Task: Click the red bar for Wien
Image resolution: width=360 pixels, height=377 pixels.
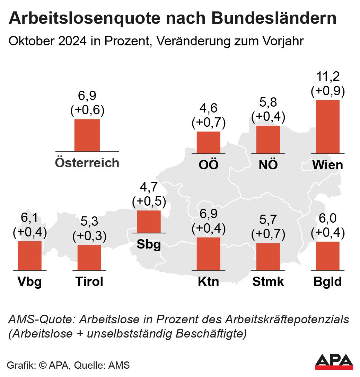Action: (x=327, y=126)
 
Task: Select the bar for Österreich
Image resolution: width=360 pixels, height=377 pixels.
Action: (x=87, y=135)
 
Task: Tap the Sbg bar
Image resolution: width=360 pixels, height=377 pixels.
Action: (x=149, y=222)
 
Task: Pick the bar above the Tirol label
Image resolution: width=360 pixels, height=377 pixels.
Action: (x=89, y=258)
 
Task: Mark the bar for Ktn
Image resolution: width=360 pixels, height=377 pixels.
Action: (x=208, y=254)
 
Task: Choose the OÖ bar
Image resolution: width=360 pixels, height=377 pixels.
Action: (x=208, y=142)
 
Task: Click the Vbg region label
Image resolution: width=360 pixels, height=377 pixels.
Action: (x=30, y=282)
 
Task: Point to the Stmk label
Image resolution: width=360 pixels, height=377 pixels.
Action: (x=268, y=282)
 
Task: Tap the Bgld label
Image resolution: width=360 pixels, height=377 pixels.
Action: (x=327, y=282)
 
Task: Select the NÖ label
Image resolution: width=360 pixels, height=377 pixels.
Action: (x=268, y=165)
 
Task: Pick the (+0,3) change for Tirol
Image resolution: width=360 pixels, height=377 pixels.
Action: (x=89, y=236)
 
